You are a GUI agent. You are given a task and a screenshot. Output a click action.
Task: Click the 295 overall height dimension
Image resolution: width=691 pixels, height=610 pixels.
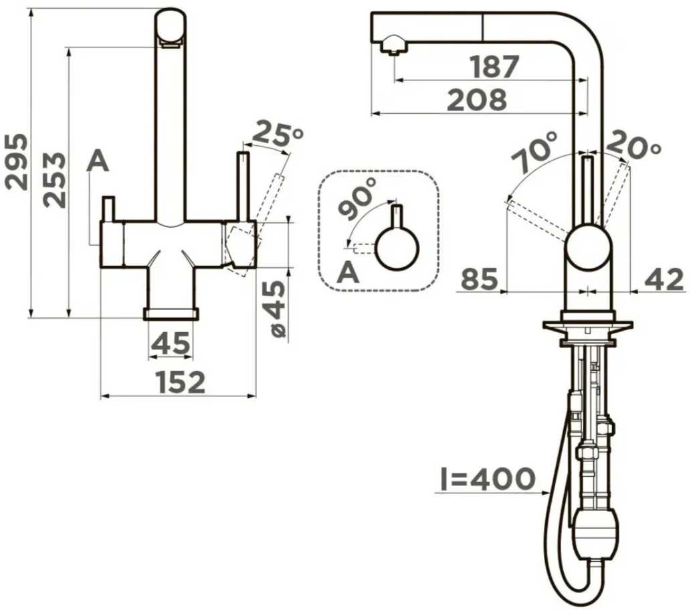17,162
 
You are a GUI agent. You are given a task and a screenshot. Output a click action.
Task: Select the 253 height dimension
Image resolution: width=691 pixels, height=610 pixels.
55,179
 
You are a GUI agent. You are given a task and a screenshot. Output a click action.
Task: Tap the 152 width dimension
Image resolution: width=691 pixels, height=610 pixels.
181,382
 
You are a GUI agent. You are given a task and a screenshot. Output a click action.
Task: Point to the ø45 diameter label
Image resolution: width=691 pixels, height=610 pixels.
278,309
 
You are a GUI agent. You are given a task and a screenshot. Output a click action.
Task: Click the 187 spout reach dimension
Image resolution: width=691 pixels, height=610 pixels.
494,66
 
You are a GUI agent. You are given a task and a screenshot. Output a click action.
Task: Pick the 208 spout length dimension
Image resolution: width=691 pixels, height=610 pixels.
477,100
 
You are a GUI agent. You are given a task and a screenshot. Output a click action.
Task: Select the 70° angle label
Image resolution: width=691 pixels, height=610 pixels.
534,151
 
